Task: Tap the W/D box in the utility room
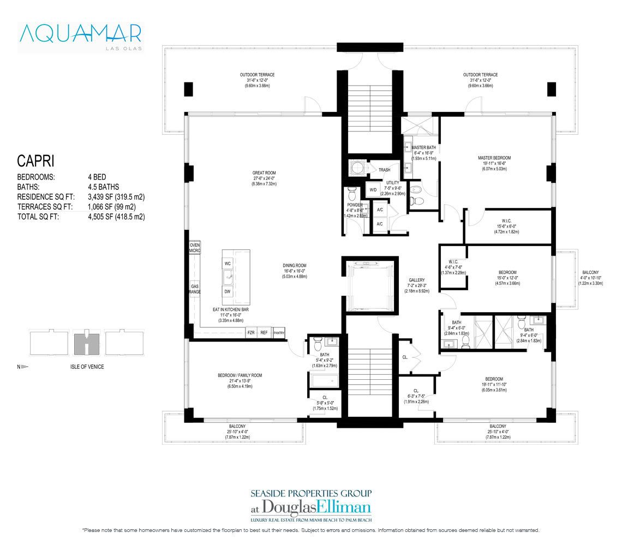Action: (373, 190)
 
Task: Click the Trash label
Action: (384, 170)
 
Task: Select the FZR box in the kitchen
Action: (251, 332)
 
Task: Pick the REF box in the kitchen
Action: (264, 332)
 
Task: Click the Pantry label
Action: (278, 332)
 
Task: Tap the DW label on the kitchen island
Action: (228, 292)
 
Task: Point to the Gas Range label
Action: (195, 289)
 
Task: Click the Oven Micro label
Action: (195, 248)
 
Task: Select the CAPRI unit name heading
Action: (35, 162)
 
